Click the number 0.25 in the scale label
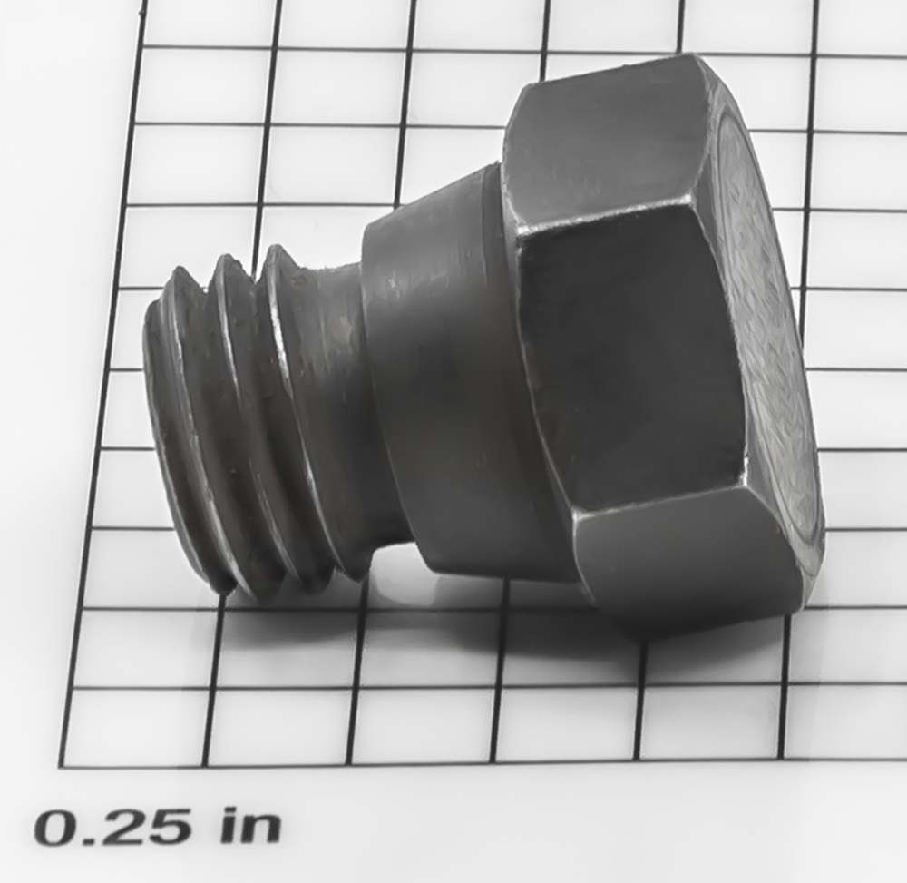click(112, 828)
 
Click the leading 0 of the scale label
click(54, 828)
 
